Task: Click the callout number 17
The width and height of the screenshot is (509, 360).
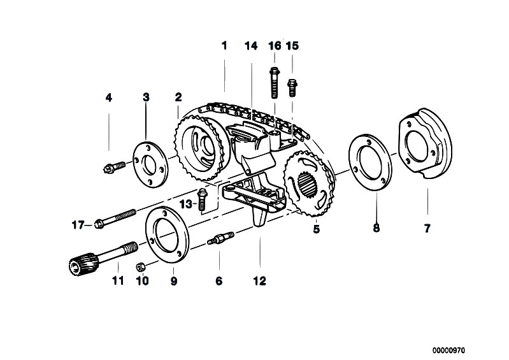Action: coord(78,225)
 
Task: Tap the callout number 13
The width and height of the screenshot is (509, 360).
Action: coord(186,204)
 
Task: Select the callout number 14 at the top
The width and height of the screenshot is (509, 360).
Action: coord(251,46)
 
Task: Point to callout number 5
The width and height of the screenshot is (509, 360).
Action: coord(317,229)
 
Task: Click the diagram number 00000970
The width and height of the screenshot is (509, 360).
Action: coord(448,350)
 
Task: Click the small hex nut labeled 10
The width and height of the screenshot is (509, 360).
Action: coord(141,267)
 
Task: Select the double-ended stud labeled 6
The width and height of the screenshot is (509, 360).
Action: coord(221,238)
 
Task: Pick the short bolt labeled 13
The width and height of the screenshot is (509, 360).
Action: coord(202,199)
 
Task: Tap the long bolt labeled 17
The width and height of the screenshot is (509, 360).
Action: coord(115,217)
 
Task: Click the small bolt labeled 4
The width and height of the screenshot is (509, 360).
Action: coord(114,167)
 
